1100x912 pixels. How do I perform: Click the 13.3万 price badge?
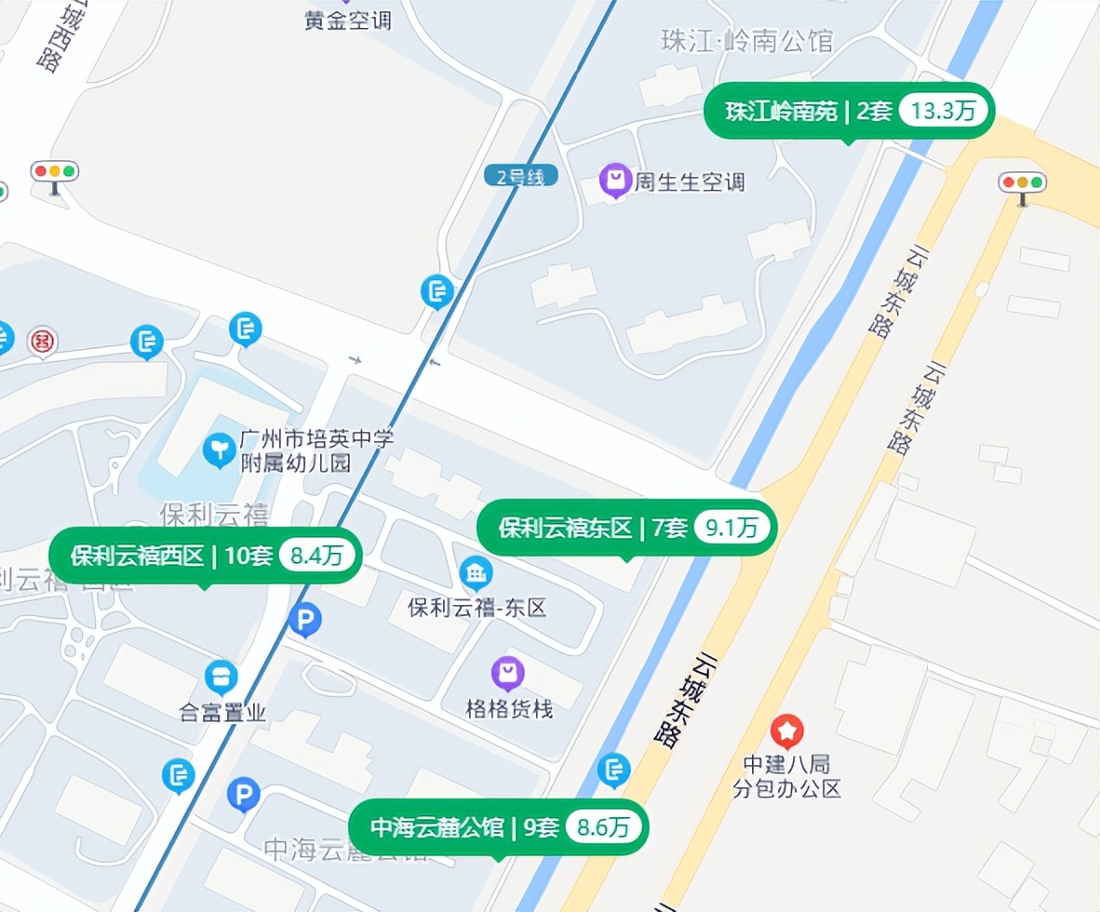(x=943, y=112)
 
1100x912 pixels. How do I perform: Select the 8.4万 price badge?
(x=316, y=557)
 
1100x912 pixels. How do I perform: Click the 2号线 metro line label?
(x=520, y=175)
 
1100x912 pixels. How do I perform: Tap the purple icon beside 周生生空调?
(x=615, y=180)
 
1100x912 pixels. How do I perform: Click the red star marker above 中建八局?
(x=787, y=731)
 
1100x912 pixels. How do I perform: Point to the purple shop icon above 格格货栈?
(x=507, y=672)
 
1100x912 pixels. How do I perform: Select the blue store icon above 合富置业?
(x=221, y=677)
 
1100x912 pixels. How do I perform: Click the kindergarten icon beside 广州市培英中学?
(x=220, y=450)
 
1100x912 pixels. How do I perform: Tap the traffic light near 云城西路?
(x=55, y=173)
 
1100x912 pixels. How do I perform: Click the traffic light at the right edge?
(x=1022, y=184)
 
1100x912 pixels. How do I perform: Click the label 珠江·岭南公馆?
(x=746, y=41)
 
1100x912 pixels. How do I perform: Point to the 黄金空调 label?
(x=348, y=20)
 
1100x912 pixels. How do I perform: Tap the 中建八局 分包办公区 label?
(x=786, y=777)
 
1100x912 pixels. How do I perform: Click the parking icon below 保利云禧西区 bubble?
(x=304, y=619)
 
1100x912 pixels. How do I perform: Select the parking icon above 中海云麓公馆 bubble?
(x=244, y=794)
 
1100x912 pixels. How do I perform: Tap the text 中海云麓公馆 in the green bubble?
(x=437, y=826)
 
